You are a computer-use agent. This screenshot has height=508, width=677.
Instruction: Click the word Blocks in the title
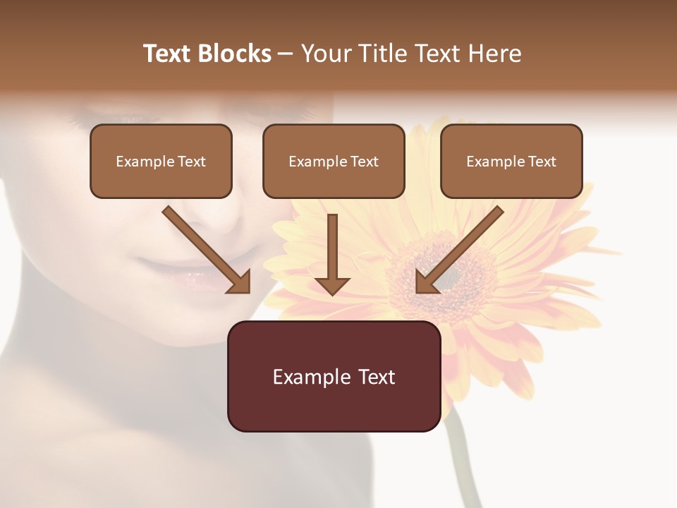tap(236, 54)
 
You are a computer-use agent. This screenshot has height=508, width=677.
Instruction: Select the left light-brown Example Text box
tap(161, 161)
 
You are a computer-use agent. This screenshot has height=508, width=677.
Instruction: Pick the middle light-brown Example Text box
tap(334, 161)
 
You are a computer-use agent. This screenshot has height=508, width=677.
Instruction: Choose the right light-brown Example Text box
tap(511, 161)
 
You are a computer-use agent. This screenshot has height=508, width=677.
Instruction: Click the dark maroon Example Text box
tap(334, 376)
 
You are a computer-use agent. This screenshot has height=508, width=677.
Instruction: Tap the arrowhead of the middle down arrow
tap(332, 285)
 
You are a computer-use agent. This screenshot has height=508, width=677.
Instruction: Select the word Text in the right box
tap(541, 161)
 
